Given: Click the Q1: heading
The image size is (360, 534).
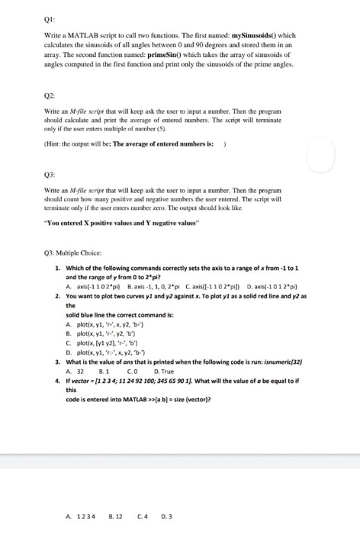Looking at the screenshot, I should coord(27,21).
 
